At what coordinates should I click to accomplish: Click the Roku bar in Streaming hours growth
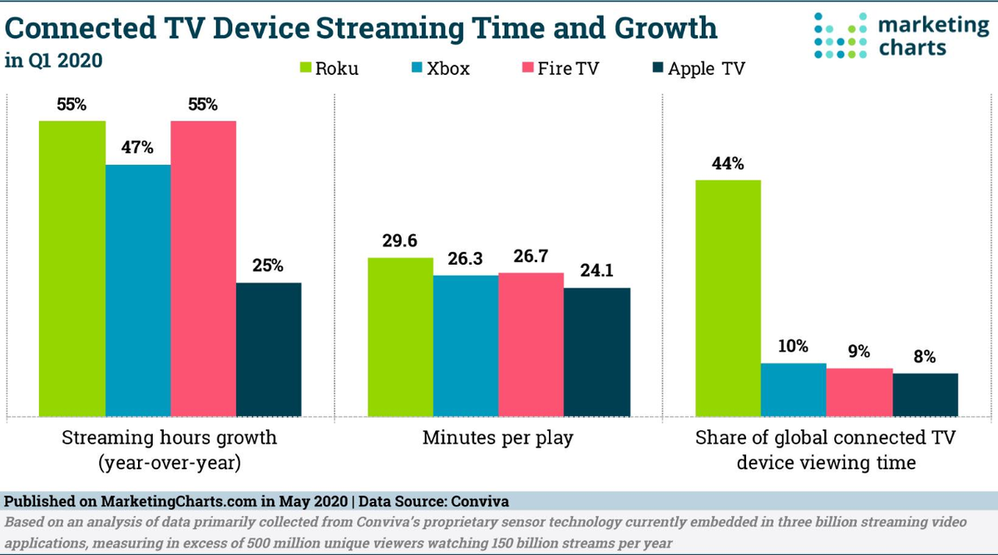point(72,268)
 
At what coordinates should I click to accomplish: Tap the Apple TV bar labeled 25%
point(269,349)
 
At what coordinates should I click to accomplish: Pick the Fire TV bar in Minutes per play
point(531,344)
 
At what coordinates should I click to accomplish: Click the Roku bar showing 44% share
point(728,297)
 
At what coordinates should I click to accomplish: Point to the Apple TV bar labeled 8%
point(925,394)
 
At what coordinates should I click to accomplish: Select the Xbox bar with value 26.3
point(466,345)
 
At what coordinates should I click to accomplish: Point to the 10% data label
point(793,346)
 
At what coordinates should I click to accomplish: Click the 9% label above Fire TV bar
point(859,351)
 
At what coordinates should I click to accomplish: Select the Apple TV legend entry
point(697,68)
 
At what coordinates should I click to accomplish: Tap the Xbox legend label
point(447,68)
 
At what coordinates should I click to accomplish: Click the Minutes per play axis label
point(497,437)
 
